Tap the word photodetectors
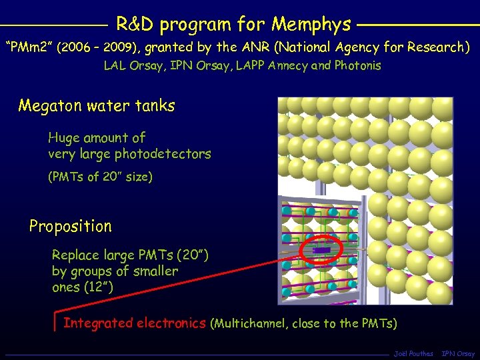(163, 154)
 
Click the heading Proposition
(70, 226)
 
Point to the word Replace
(75, 255)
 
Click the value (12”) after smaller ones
(97, 287)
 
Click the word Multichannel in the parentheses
(254, 324)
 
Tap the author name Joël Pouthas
(413, 353)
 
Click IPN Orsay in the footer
(459, 353)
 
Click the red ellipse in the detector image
(321, 249)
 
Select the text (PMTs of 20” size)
(101, 177)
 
